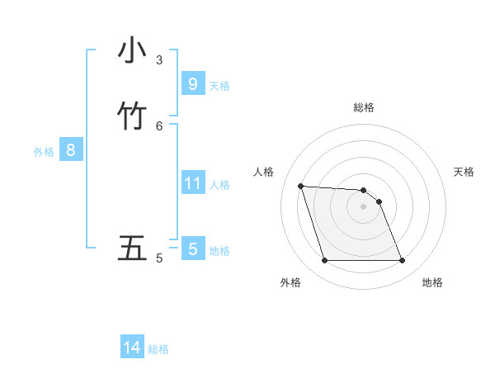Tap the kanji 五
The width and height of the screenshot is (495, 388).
point(132,248)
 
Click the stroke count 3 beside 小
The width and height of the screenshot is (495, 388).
point(159,59)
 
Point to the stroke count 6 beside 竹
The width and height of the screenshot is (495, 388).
point(159,125)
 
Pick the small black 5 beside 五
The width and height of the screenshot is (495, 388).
point(159,258)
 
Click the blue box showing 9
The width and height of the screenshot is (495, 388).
point(192,84)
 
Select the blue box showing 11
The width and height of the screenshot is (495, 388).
point(192,183)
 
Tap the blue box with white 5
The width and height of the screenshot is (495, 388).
point(192,248)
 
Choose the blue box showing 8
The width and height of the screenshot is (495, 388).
point(71,150)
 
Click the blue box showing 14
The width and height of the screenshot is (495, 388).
point(132,348)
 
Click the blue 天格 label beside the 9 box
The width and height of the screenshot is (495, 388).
point(219,86)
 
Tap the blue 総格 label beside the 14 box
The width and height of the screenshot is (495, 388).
point(158,350)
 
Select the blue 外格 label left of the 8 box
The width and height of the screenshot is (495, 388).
point(44,152)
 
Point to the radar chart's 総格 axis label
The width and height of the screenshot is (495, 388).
point(364,107)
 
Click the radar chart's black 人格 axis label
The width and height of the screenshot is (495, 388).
point(263,172)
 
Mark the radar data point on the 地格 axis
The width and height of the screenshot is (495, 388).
point(403,261)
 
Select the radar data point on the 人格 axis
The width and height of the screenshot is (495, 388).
point(300,186)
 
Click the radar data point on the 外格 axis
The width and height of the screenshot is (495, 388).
point(324,261)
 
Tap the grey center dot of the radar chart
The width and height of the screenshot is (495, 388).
point(363,206)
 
